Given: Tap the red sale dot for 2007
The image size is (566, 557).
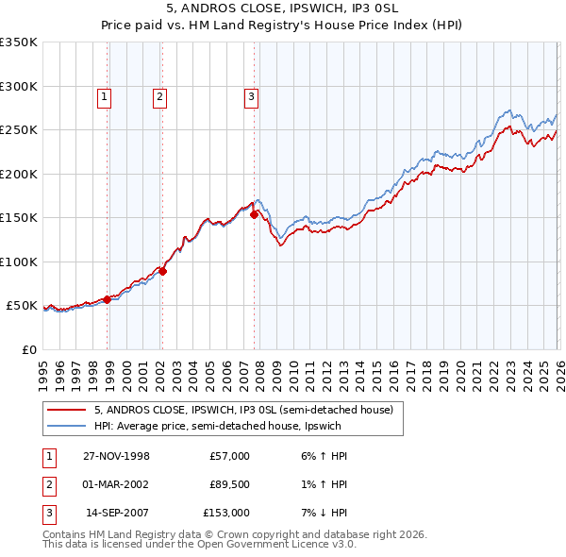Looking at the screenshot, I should (254, 214).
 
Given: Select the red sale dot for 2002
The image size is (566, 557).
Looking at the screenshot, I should (162, 271).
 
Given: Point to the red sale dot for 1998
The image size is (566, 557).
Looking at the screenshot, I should (108, 299).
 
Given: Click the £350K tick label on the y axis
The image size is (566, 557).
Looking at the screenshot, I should (18, 42).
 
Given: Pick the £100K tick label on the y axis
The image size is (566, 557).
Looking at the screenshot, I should (18, 262).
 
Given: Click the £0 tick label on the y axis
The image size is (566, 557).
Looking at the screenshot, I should (28, 349).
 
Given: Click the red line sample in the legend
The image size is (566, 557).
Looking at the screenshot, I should (66, 410).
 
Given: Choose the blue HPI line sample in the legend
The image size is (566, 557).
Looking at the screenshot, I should (66, 426).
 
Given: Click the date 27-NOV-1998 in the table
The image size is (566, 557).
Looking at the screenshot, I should (116, 456).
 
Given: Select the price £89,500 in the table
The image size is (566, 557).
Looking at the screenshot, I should (229, 484).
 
